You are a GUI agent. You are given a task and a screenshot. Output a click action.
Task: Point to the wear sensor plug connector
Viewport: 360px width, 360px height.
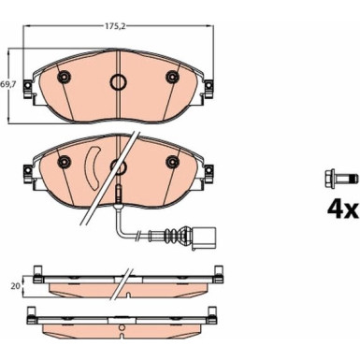[x=203, y=238]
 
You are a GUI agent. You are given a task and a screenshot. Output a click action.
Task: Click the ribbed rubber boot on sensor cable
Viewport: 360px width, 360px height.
[x=171, y=235]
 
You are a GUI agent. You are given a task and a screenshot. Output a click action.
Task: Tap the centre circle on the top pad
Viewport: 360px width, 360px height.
[x=118, y=82]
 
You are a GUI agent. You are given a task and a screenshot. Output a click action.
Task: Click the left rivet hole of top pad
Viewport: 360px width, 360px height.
[x=64, y=77]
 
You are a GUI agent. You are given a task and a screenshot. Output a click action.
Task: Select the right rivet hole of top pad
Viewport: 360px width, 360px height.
[x=172, y=77]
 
